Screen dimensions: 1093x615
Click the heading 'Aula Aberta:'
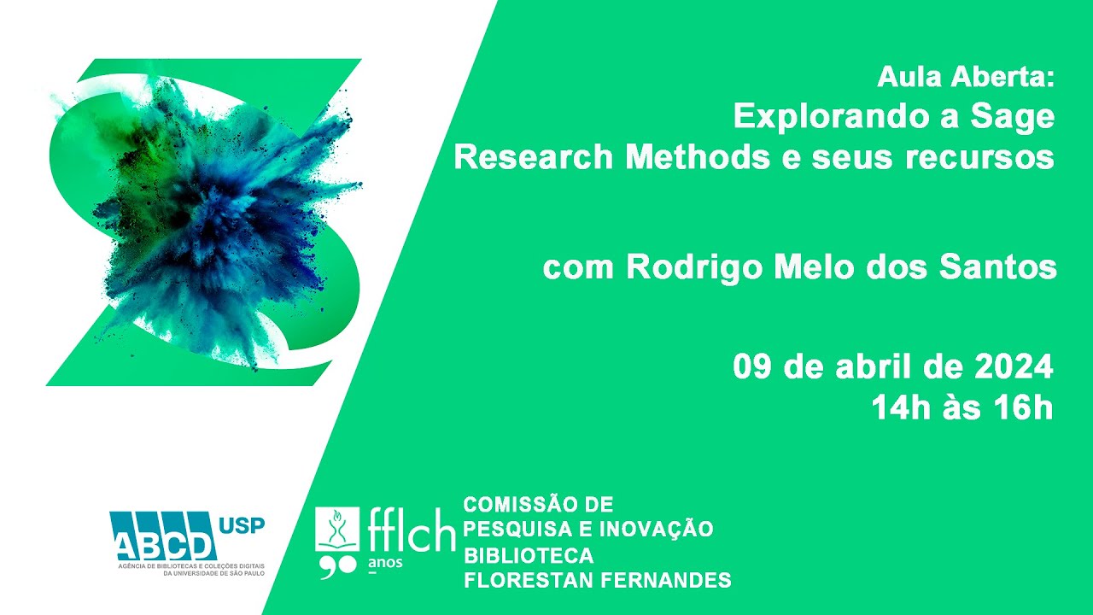tap(966, 77)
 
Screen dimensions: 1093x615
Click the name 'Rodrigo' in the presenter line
tap(694, 268)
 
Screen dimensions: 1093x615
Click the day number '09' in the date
tap(752, 366)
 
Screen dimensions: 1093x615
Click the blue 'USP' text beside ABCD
tap(242, 525)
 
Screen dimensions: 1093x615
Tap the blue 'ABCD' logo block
tap(163, 536)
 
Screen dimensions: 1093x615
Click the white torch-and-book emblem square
tap(337, 529)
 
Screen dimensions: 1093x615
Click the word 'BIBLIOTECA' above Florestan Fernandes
tap(529, 555)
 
